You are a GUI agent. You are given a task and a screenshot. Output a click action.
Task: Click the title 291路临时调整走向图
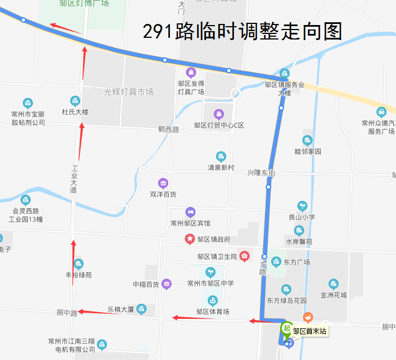[x=242, y=32]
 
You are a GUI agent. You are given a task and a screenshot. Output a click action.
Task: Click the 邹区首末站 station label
[x=310, y=332]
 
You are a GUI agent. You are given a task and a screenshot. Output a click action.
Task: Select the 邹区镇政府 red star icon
[x=190, y=239]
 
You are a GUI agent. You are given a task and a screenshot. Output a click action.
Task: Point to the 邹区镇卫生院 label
[x=217, y=257]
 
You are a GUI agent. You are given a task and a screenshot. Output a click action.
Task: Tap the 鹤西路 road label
[x=169, y=130]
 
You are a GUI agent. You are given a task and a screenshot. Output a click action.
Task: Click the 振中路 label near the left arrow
[x=67, y=313]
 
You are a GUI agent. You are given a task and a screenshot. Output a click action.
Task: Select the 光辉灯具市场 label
[x=128, y=92]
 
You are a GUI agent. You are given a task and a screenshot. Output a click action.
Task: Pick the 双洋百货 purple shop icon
[x=163, y=183]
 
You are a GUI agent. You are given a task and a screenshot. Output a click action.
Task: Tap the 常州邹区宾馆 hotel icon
[x=190, y=212]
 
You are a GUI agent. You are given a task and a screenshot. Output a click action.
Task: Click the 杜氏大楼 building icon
[x=75, y=101]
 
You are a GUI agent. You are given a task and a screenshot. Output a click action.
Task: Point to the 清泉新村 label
[x=221, y=167]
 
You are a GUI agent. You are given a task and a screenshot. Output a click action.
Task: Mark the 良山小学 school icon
[x=302, y=206]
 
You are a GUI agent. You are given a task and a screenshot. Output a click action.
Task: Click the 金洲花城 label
[x=334, y=295]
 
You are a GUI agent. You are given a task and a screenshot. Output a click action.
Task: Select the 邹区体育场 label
[x=213, y=312]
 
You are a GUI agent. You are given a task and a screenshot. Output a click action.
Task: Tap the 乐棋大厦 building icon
[x=141, y=308]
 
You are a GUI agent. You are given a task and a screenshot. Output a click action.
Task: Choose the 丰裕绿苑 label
[x=79, y=275]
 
